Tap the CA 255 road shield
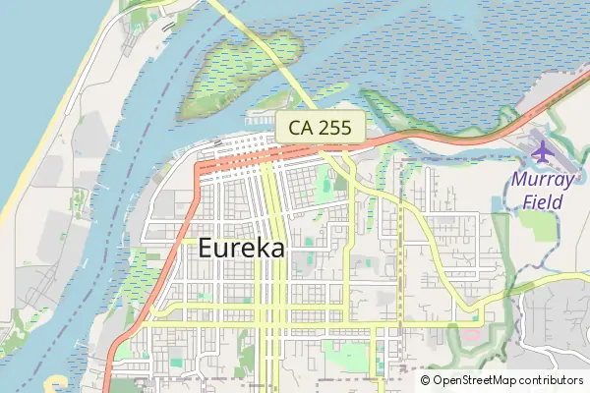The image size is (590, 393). click(321, 126)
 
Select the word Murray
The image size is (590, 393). click(542, 181)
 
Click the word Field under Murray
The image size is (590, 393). click(542, 202)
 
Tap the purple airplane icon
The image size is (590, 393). click(543, 152)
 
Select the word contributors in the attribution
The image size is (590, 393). click(553, 379)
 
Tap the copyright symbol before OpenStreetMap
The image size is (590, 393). click(426, 379)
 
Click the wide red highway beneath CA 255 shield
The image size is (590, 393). click(295, 153)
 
